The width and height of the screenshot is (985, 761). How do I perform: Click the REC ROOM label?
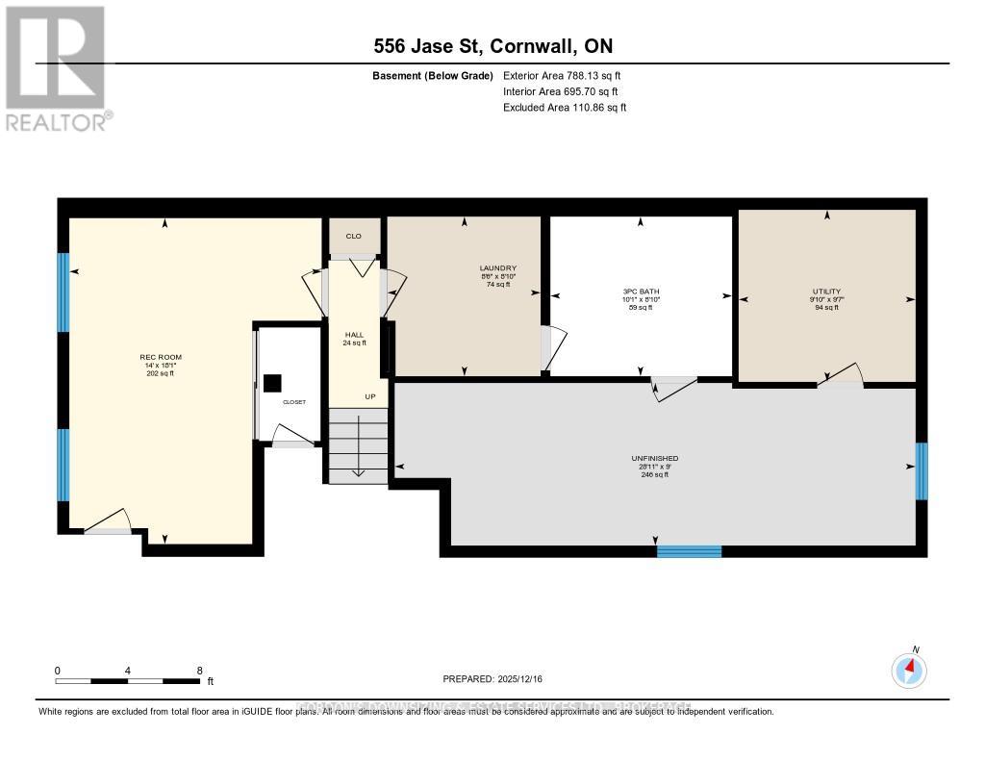click(161, 357)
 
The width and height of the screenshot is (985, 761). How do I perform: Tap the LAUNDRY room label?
click(498, 268)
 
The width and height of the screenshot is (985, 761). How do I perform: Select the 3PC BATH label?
click(641, 292)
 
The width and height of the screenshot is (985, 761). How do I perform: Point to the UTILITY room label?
click(825, 292)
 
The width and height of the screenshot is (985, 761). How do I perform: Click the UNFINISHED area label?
click(654, 459)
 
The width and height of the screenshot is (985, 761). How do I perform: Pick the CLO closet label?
click(353, 236)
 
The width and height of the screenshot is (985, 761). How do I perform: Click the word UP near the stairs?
click(369, 396)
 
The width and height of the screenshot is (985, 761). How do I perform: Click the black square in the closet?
click(271, 383)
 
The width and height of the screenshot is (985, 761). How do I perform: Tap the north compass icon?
click(909, 670)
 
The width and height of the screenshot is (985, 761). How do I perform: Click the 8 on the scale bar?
click(199, 671)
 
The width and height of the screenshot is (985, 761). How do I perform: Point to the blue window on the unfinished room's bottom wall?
click(689, 551)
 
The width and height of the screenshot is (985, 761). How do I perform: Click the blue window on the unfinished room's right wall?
click(921, 471)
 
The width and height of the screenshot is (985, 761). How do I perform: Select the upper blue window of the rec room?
click(63, 292)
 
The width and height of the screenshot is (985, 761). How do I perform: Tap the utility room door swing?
click(840, 376)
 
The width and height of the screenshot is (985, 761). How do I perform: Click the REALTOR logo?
click(58, 67)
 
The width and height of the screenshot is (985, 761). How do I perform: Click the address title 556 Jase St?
click(492, 46)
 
